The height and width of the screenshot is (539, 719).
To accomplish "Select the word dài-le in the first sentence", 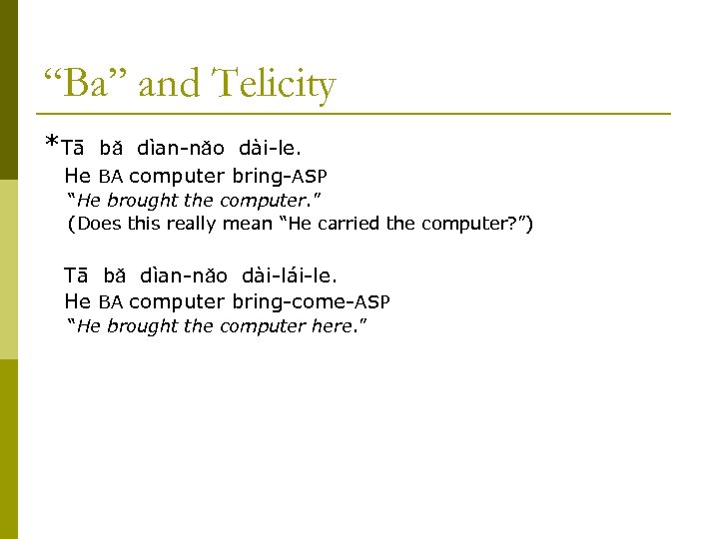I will pyautogui.click(x=269, y=149).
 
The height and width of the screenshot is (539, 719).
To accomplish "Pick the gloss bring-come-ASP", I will pyautogui.click(x=311, y=300).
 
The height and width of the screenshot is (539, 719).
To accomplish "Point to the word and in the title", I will pyautogui.click(x=168, y=85).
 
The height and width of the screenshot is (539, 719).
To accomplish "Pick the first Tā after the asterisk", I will pyautogui.click(x=73, y=149).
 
